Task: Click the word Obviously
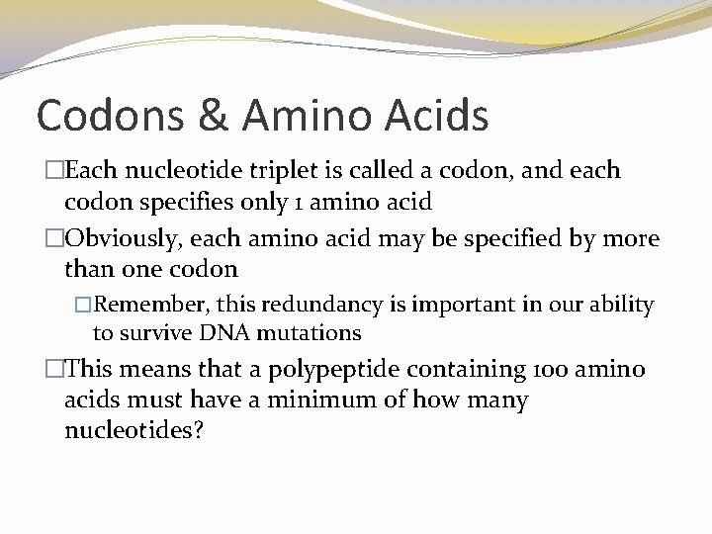coord(131,238)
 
